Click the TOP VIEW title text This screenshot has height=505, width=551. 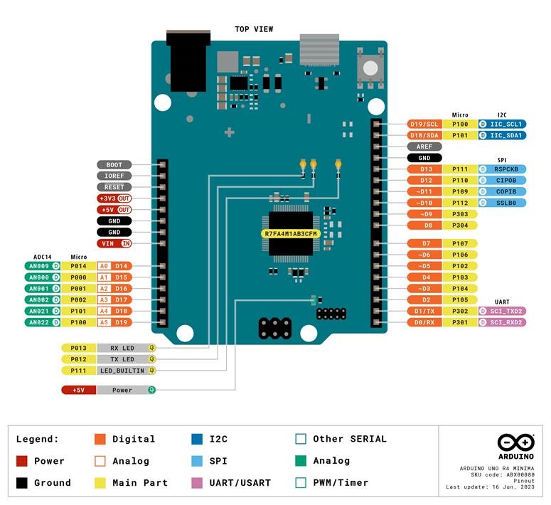click(x=254, y=29)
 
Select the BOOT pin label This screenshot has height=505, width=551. click(x=114, y=165)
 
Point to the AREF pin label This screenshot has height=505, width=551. click(x=425, y=147)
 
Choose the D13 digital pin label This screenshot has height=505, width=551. click(x=425, y=169)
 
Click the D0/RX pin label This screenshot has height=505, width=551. click(x=425, y=322)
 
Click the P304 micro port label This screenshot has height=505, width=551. click(x=460, y=225)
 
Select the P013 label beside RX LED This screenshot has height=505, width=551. click(x=78, y=348)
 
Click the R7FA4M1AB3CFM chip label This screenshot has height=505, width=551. click(x=290, y=234)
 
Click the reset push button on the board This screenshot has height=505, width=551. click(x=370, y=68)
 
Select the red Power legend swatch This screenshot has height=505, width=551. click(x=22, y=461)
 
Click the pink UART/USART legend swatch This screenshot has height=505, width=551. click(x=198, y=483)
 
